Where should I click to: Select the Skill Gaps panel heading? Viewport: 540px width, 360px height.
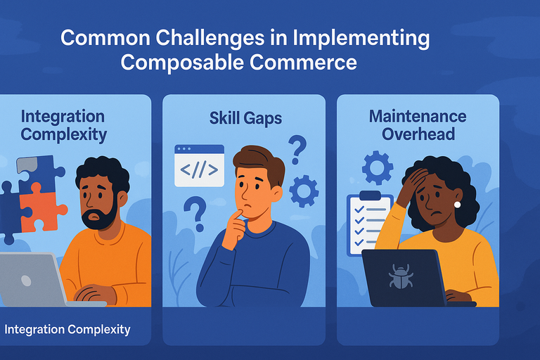(245, 117)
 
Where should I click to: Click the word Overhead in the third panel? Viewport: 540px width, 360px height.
(417, 133)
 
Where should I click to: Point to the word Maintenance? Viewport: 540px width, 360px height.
(418, 115)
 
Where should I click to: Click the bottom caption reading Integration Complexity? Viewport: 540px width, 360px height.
(67, 328)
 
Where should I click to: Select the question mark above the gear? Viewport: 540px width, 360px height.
(298, 150)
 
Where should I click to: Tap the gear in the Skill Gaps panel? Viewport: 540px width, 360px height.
(304, 191)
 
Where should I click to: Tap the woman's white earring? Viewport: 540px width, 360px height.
(457, 205)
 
